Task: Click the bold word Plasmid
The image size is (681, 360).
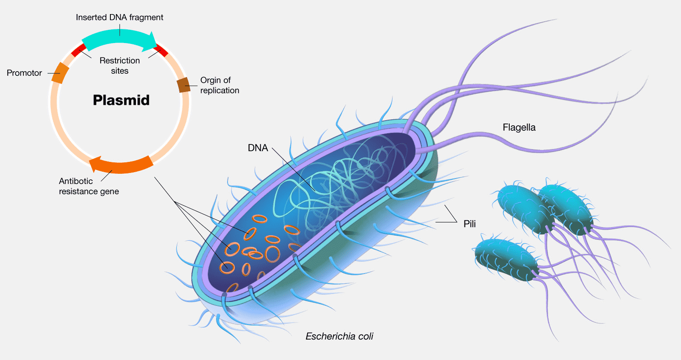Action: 121,100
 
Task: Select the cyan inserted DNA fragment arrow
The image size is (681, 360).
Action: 119,39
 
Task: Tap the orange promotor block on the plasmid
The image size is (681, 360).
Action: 60,73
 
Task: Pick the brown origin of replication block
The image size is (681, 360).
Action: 184,85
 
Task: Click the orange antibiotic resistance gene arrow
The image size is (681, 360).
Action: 121,164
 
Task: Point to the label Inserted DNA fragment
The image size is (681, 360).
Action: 119,17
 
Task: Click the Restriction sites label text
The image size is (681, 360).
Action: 120,66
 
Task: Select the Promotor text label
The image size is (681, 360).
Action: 24,73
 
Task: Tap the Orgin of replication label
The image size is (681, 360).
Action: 219,85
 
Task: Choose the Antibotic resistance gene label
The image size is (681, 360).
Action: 89,186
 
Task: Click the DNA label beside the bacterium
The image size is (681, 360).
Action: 258,148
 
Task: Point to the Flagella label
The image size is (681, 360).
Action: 519,127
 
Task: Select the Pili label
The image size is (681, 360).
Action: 470,224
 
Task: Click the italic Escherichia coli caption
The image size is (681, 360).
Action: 339,336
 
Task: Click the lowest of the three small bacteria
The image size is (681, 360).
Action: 506,259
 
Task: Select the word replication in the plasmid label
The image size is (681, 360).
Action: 219,90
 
